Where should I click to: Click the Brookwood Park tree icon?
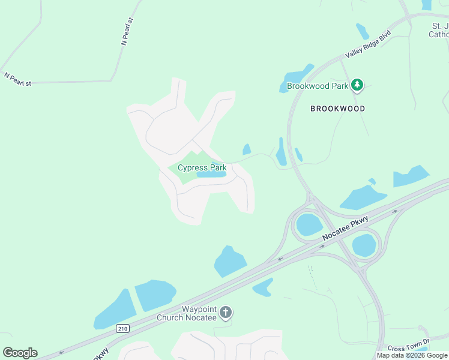pyautogui.click(x=357, y=86)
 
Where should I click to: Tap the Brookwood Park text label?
pyautogui.click(x=318, y=86)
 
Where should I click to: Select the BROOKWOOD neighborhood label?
pyautogui.click(x=337, y=109)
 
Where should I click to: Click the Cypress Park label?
pyautogui.click(x=201, y=167)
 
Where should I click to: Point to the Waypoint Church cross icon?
pyautogui.click(x=226, y=312)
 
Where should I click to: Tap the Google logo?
pyautogui.click(x=20, y=353)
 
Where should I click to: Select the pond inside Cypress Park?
pyautogui.click(x=211, y=175)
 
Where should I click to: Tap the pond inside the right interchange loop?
pyautogui.click(x=364, y=245)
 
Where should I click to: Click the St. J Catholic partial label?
pyautogui.click(x=439, y=30)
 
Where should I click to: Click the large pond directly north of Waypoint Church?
pyautogui.click(x=230, y=262)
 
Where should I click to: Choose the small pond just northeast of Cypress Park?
pyautogui.click(x=246, y=149)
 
